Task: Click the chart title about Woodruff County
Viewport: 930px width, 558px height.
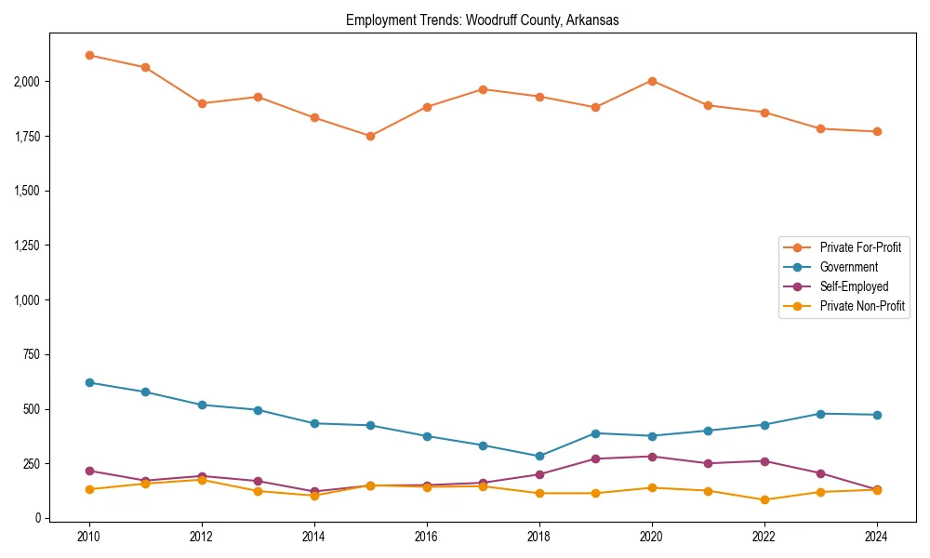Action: click(482, 20)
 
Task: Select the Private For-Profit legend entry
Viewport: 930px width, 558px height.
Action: click(854, 247)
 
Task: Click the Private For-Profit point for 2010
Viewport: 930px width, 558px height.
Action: click(89, 55)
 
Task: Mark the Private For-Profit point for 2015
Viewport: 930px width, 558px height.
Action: click(370, 136)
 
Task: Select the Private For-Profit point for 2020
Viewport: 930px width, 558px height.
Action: click(652, 81)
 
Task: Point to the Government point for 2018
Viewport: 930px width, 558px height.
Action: click(539, 456)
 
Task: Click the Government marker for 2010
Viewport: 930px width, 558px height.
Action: click(89, 382)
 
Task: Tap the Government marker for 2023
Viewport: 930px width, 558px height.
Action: click(820, 414)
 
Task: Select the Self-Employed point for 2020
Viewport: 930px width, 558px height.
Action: click(652, 457)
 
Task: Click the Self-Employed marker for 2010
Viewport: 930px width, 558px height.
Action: click(89, 471)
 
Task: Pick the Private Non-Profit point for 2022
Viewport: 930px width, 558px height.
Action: click(764, 499)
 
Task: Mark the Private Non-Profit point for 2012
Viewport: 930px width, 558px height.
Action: click(202, 480)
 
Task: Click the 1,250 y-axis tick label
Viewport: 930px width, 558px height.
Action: click(26, 246)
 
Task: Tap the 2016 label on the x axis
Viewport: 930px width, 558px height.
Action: click(427, 537)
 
